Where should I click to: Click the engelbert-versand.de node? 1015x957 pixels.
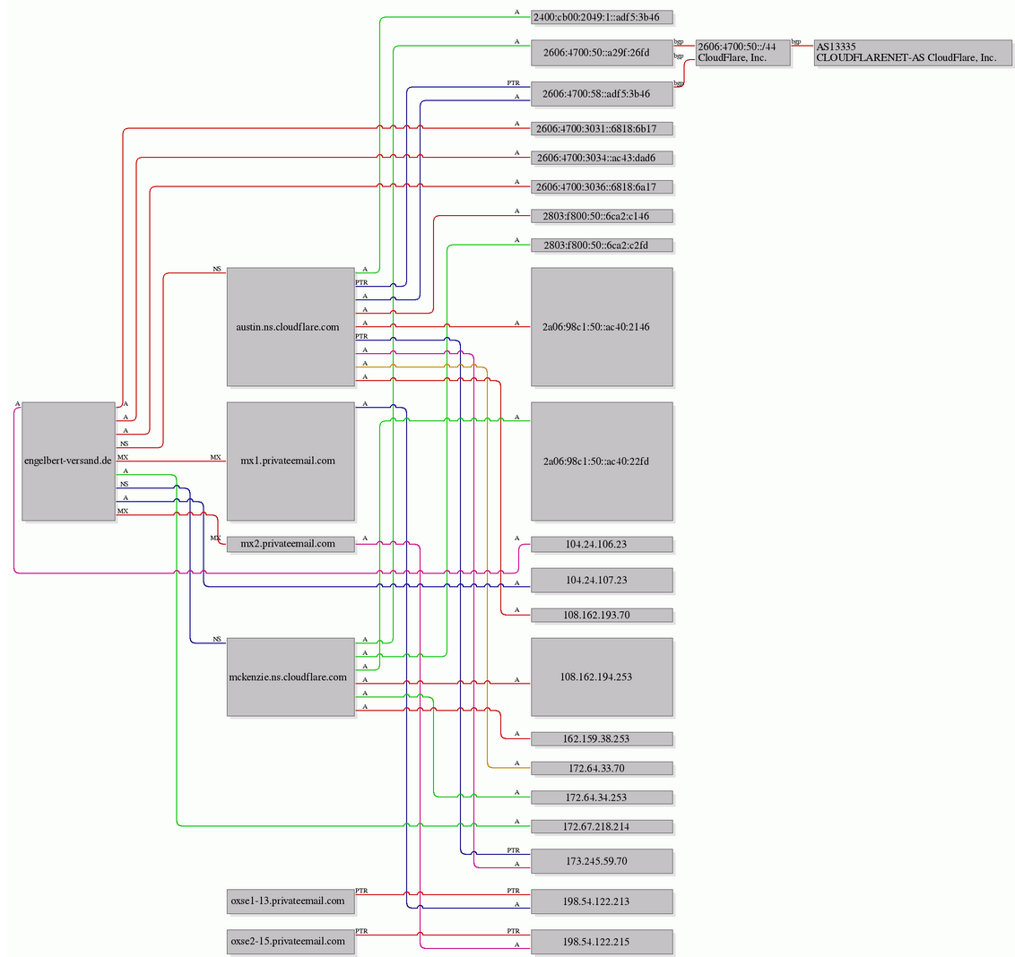coord(69,461)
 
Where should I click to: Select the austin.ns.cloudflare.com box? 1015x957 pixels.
coord(291,327)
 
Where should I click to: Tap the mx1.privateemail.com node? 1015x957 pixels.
coord(291,461)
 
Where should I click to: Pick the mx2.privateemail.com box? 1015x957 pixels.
coord(291,544)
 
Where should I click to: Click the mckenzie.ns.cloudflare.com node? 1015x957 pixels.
coord(291,677)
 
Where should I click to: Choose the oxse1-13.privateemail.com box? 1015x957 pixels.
coord(291,901)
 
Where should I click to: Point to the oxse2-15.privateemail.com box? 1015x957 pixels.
coord(291,942)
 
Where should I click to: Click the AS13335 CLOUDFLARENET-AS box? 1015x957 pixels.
coord(913,52)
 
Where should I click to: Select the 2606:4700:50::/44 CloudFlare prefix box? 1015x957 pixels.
coord(743,52)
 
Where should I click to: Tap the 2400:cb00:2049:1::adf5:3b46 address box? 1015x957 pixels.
coord(602,17)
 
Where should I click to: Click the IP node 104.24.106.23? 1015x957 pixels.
coord(602,544)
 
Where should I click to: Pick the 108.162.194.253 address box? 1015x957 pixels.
coord(602,677)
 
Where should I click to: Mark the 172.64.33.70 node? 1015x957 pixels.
coord(602,769)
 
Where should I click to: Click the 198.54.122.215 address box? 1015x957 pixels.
coord(602,942)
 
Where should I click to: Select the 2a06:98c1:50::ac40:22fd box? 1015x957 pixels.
coord(602,461)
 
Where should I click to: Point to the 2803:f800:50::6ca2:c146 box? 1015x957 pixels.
coord(602,216)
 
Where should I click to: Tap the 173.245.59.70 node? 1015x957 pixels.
coord(602,861)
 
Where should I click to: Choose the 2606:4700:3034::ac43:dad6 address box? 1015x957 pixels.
coord(602,158)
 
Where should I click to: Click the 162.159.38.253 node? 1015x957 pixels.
coord(602,739)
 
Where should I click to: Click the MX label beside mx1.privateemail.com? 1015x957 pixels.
coord(215,458)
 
